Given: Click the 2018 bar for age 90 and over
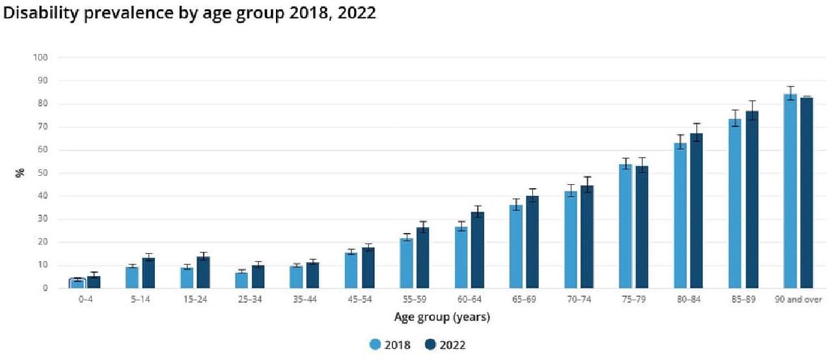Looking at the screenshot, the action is (x=789, y=191).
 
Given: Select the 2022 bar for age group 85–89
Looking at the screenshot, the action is (x=752, y=200).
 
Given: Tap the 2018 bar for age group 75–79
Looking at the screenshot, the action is (x=625, y=227).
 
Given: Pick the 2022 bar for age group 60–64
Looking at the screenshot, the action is (x=478, y=250).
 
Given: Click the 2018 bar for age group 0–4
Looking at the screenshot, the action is (x=77, y=283).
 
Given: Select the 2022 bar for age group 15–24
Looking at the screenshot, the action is (x=204, y=273).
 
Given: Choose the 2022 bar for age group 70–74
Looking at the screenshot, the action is (x=587, y=237).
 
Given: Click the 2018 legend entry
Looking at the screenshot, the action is (x=390, y=345).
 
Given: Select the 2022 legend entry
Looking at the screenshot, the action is (x=444, y=345).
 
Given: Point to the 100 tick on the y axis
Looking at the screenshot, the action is (x=40, y=57).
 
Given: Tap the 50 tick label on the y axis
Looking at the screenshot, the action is (x=43, y=173).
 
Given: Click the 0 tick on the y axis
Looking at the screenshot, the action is (x=46, y=288).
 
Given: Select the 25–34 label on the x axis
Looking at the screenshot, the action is (x=250, y=299).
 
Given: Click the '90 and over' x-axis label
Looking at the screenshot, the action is (x=798, y=299).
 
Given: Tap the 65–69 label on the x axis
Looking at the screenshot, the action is (x=524, y=299).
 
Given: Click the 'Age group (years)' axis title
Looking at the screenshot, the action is (x=442, y=317).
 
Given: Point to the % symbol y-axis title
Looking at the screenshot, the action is (x=20, y=173).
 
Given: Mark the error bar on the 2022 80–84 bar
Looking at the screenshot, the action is (x=696, y=132).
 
